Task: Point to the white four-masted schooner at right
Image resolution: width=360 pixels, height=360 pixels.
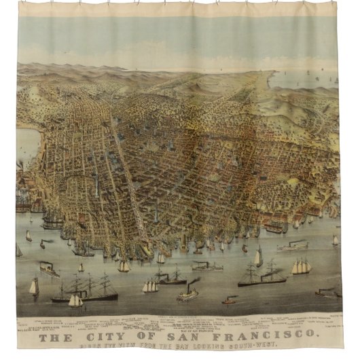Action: (302, 266)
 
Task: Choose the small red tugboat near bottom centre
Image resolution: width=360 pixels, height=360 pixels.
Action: (230, 300)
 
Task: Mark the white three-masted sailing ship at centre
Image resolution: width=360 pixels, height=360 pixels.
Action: (150, 286)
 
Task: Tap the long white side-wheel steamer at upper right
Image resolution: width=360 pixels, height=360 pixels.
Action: (293, 247)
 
